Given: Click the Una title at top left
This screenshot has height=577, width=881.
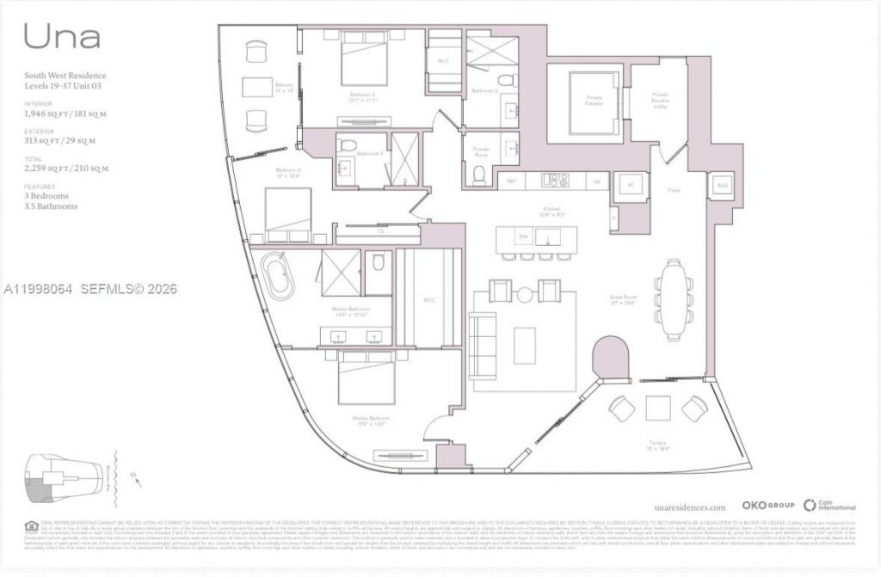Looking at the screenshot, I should (x=62, y=36).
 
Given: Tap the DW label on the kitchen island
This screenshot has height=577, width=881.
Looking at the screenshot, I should (x=522, y=236).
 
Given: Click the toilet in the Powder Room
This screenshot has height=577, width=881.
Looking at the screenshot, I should (x=480, y=175).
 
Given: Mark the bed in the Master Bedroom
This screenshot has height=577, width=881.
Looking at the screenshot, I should (x=367, y=378).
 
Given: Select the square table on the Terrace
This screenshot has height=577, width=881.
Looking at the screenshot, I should (x=658, y=408).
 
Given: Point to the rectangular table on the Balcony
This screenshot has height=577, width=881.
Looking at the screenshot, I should (x=256, y=88).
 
